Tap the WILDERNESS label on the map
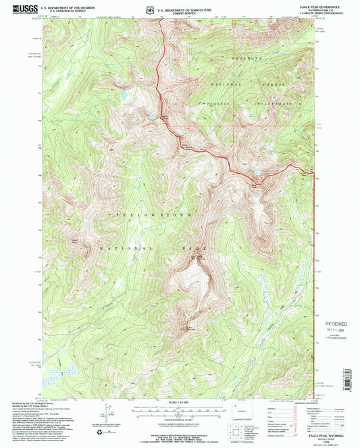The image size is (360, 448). pyautogui.click(x=278, y=103)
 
